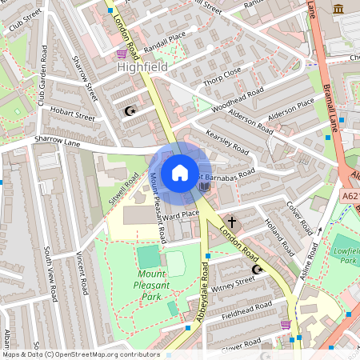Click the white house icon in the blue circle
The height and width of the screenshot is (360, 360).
tap(180, 172)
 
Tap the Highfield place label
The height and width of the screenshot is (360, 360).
tap(143, 68)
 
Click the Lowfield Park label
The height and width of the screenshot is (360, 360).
tap(346, 255)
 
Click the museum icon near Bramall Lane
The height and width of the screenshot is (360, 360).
tap(338, 9)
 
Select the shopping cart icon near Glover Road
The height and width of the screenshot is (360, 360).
tap(286, 324)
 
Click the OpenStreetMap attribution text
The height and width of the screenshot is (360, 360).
tap(81, 354)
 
